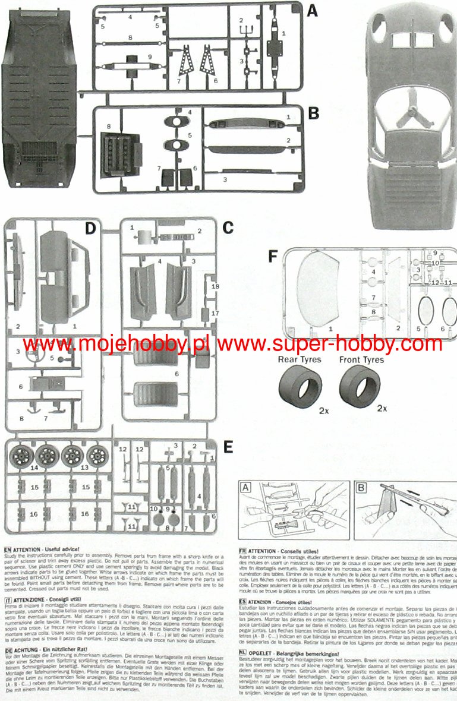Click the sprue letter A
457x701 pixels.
click(313, 10)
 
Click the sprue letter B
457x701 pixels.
click(313, 113)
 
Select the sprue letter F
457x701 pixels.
click(273, 257)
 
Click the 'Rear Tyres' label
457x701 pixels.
click(300, 359)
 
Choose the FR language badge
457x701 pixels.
click(242, 551)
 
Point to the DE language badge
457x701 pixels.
click(7, 650)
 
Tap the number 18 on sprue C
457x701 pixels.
click(215, 286)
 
